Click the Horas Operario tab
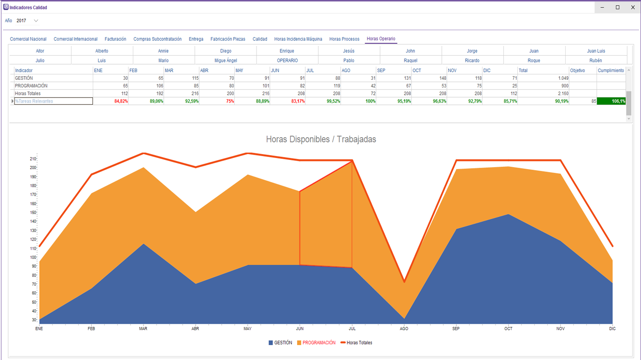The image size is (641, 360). [381, 39]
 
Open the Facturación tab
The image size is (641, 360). [115, 39]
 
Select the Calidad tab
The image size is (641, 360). [260, 39]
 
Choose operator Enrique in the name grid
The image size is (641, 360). [287, 51]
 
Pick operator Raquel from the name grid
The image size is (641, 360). [411, 60]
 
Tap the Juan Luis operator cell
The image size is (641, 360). [596, 51]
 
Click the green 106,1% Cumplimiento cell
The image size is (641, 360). [612, 101]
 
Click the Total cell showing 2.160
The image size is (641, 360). [543, 94]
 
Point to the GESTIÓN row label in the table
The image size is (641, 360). [24, 78]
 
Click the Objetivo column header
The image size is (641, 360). [577, 71]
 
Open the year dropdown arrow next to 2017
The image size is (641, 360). [36, 21]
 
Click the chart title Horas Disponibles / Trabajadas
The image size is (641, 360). [321, 139]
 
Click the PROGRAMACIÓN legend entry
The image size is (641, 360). [318, 343]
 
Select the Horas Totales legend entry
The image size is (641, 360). [359, 343]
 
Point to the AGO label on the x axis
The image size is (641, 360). [404, 329]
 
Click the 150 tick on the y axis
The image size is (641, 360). [33, 213]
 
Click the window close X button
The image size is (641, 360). [633, 7]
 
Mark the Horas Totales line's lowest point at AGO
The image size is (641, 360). [404, 282]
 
